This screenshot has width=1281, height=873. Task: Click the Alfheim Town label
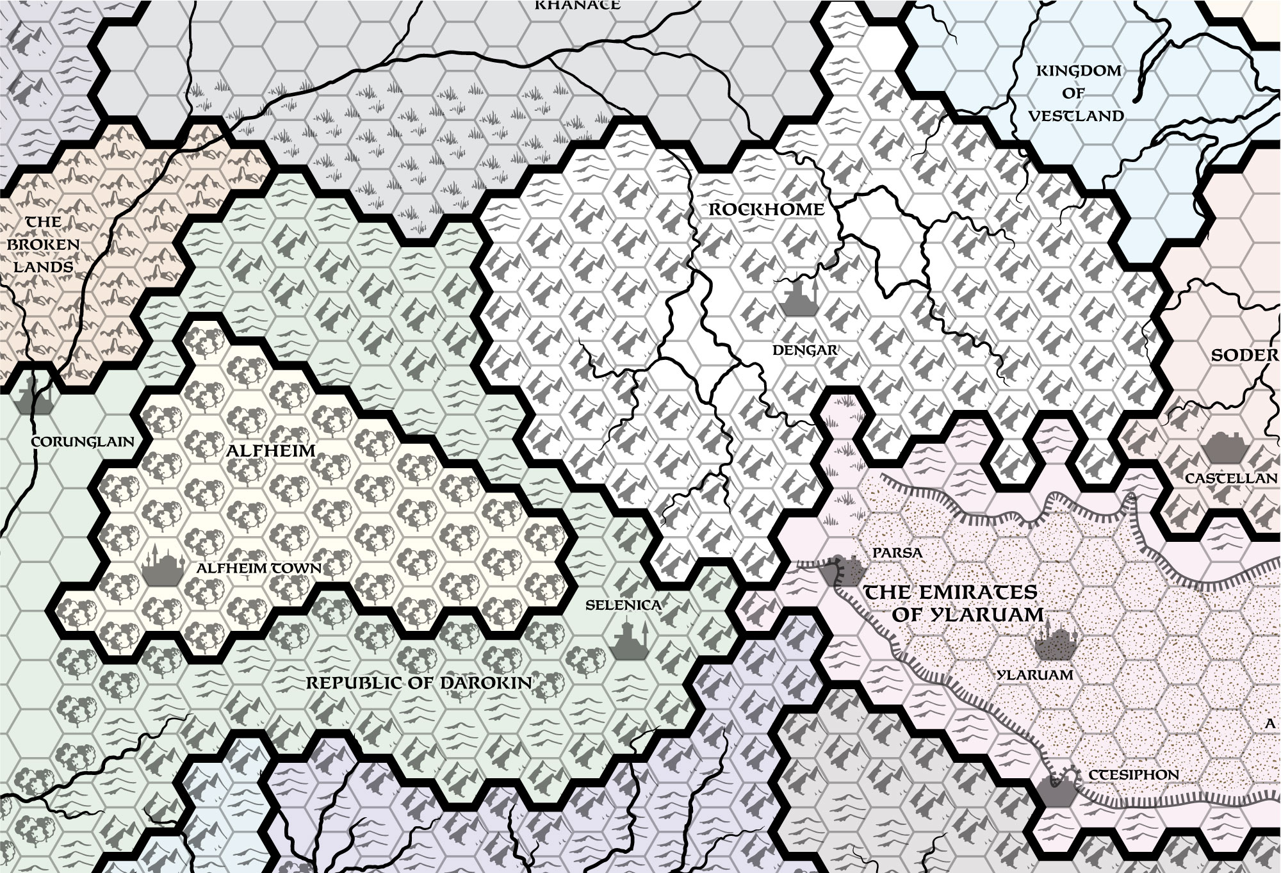[x=259, y=569]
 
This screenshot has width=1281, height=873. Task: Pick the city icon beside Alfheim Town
[x=158, y=567]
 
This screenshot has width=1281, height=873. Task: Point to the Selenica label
[x=624, y=604]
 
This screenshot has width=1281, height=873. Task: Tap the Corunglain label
[x=83, y=442]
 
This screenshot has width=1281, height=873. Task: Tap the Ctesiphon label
[x=1134, y=775]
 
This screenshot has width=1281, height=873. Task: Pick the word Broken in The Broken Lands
[x=44, y=244]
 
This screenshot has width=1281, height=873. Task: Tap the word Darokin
[x=487, y=683]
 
